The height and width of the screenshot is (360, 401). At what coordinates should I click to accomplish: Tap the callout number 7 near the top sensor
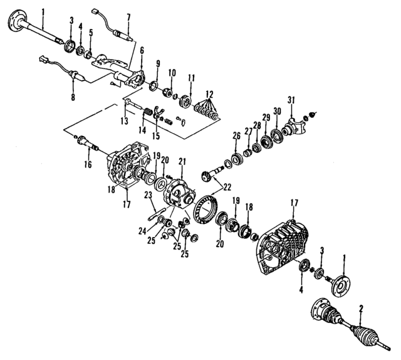[x=128, y=16]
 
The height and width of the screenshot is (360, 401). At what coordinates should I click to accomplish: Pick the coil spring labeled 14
[x=148, y=115]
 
